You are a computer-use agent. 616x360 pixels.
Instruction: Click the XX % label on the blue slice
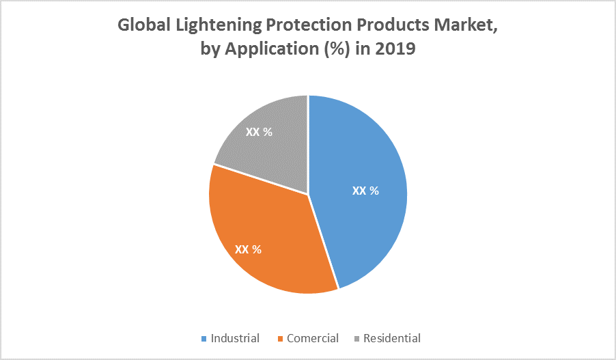365,191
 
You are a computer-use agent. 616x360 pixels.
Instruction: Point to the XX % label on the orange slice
248,249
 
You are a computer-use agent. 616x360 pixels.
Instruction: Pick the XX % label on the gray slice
259,132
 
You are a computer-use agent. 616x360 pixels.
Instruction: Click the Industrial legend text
235,338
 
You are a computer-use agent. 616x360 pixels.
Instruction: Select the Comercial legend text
313,338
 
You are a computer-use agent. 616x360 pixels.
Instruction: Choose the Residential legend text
392,338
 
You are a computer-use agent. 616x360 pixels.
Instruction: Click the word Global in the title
143,25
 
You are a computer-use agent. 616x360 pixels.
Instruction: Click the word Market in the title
471,25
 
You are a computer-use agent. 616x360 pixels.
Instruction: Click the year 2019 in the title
396,49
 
